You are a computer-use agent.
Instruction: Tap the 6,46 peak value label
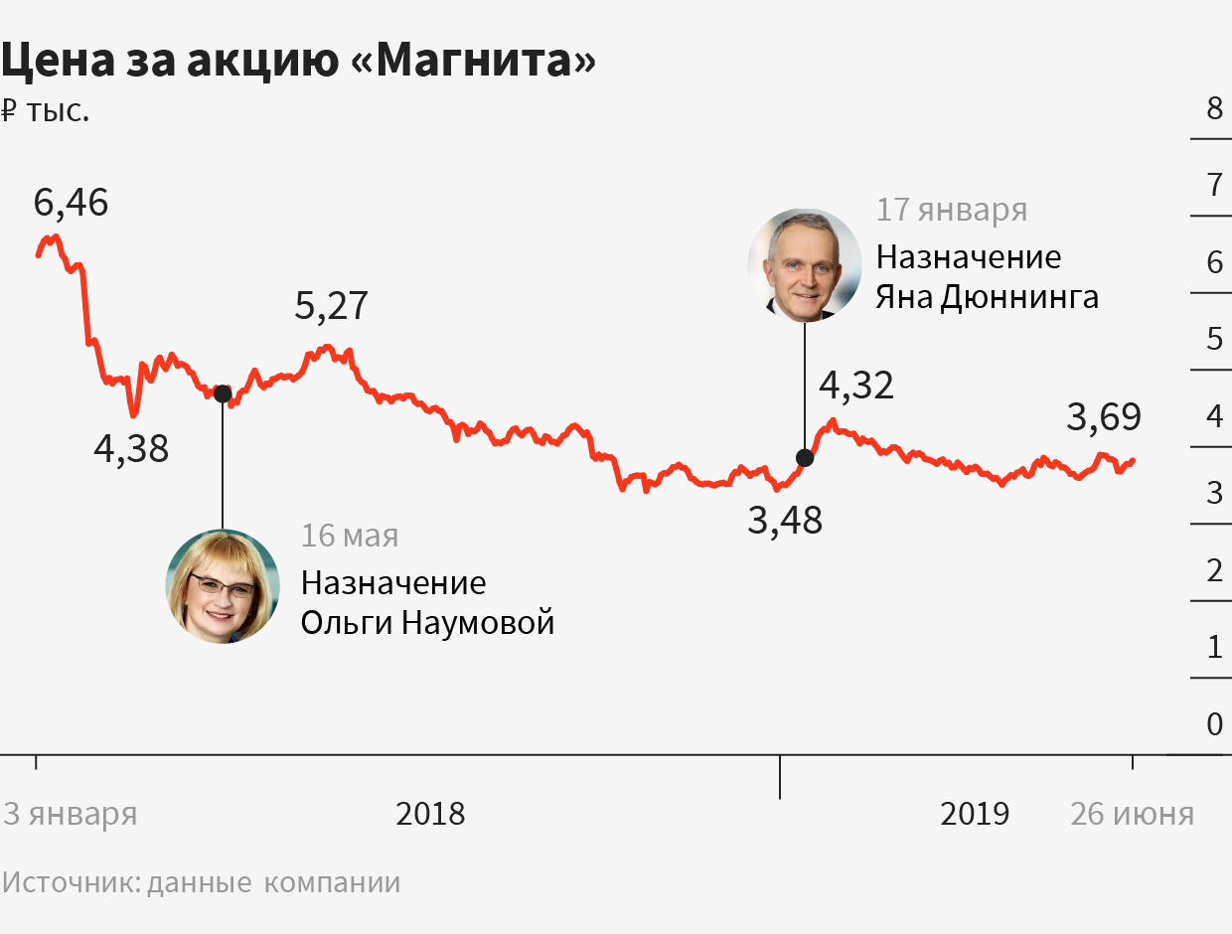point(71,203)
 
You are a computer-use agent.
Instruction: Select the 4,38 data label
point(131,450)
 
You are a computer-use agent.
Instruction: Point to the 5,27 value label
point(331,306)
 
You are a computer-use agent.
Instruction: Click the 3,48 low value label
point(785,521)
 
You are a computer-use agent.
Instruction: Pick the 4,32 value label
point(856,386)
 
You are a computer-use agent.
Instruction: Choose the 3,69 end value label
point(1104,417)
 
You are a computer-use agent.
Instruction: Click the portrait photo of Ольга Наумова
point(223,586)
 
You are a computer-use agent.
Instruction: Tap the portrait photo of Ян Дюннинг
point(805,264)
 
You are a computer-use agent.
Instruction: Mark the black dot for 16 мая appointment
point(223,392)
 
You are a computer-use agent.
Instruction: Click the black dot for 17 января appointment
point(805,458)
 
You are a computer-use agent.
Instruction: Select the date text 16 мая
point(350,536)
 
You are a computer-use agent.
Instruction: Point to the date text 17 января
point(951,211)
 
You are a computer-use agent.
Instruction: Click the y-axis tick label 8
point(1214,107)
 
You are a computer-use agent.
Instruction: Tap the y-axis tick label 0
point(1214,724)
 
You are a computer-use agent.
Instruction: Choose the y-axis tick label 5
point(1214,339)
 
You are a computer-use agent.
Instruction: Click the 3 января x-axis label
point(71,815)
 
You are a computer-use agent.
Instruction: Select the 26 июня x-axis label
point(1132,815)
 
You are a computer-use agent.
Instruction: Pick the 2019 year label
point(975,815)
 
